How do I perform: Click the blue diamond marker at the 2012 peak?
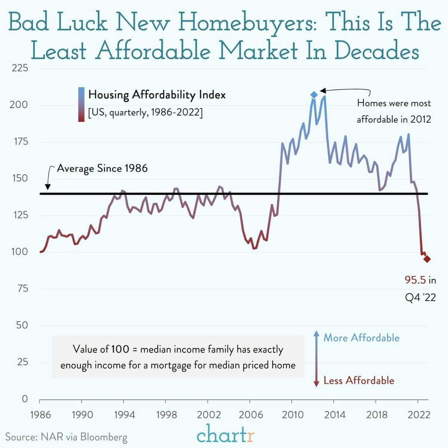[314, 95]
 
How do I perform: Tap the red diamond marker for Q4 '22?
[427, 259]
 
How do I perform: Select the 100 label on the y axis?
[19, 252]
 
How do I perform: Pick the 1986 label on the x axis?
[40, 415]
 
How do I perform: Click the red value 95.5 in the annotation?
[415, 280]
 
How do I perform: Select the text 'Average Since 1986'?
[102, 168]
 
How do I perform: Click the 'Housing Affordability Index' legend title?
[157, 95]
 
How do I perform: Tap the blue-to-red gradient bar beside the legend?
[81, 104]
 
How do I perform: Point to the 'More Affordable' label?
[361, 338]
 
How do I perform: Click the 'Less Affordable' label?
[359, 381]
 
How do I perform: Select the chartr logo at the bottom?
[225, 435]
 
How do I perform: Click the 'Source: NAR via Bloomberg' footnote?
[66, 437]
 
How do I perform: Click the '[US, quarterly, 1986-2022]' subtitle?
[145, 112]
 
